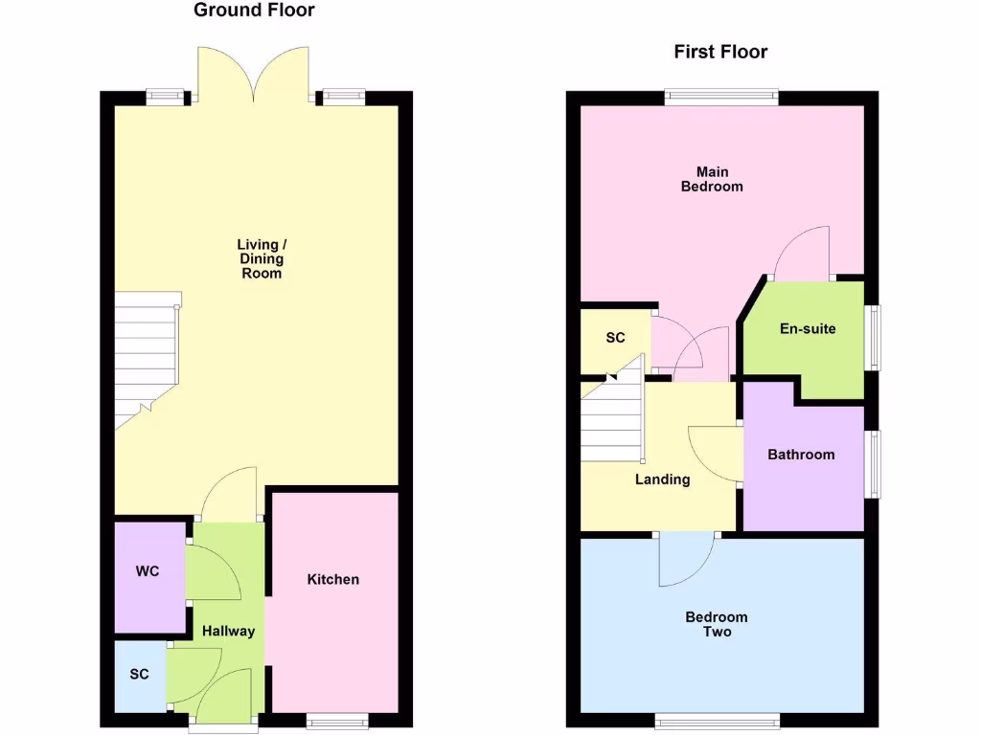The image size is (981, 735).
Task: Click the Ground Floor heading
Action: click(x=254, y=11)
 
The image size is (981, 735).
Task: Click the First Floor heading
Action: click(x=720, y=52)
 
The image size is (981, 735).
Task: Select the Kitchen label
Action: click(x=333, y=579)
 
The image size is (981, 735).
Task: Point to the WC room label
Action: click(x=148, y=571)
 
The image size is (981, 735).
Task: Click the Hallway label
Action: click(x=228, y=631)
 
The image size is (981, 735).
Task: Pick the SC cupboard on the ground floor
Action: click(x=140, y=674)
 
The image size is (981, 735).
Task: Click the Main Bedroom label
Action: click(x=712, y=179)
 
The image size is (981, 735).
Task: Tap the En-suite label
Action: click(x=808, y=328)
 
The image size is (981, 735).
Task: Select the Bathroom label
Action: click(x=801, y=455)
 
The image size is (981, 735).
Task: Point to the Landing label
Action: click(x=662, y=479)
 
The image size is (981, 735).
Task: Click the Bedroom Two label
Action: click(x=717, y=624)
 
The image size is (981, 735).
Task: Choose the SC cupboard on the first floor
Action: click(x=615, y=338)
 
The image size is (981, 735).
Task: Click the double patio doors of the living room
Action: click(x=254, y=75)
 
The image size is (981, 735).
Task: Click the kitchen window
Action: click(x=335, y=720)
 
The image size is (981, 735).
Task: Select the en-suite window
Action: click(x=872, y=337)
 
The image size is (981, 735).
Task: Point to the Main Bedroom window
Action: click(x=721, y=96)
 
